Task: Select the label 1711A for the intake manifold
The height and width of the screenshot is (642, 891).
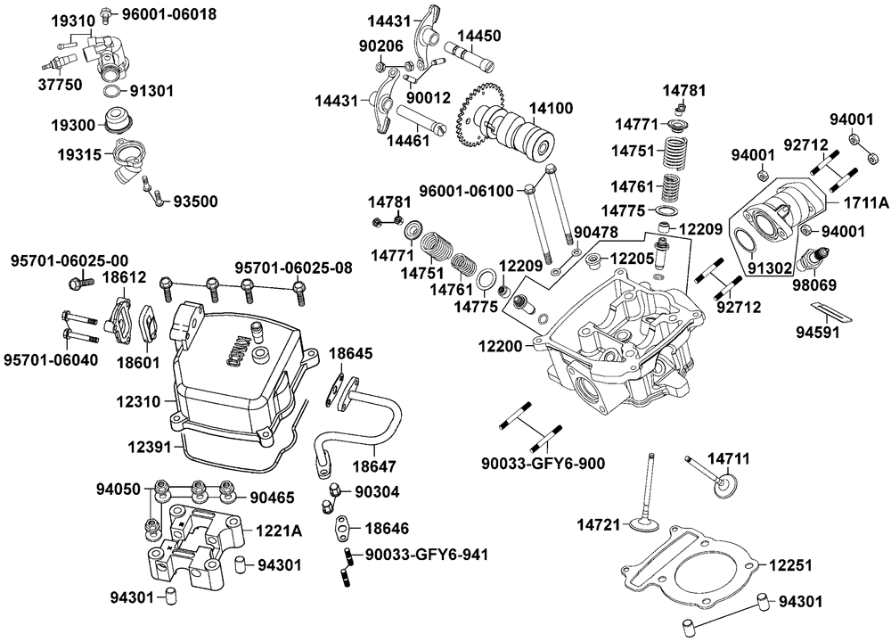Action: point(863,203)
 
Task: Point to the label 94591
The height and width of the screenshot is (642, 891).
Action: point(816,334)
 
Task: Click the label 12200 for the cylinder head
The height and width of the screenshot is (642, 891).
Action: point(503,344)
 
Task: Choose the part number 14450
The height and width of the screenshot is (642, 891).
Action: point(479,37)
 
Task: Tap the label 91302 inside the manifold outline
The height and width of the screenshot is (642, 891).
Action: point(766,265)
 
